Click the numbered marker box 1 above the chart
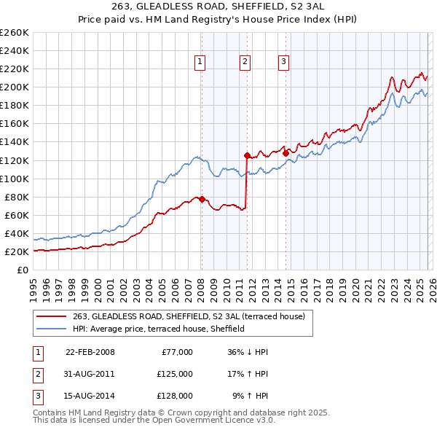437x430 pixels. pos(199,62)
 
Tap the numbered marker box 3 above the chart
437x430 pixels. pos(283,62)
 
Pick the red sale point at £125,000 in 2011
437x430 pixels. pos(247,155)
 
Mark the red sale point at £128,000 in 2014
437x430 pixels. pos(286,152)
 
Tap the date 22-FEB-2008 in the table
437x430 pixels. pos(90,352)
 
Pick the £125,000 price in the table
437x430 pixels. pos(175,374)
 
